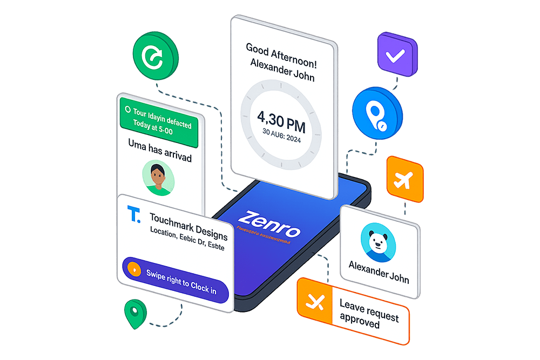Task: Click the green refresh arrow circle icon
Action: pyautogui.click(x=156, y=57)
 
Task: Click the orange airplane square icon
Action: pyautogui.click(x=404, y=180)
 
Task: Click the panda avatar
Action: pyautogui.click(x=379, y=239)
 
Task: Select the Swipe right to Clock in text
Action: pyautogui.click(x=181, y=281)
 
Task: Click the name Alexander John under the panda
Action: pyautogui.click(x=379, y=273)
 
